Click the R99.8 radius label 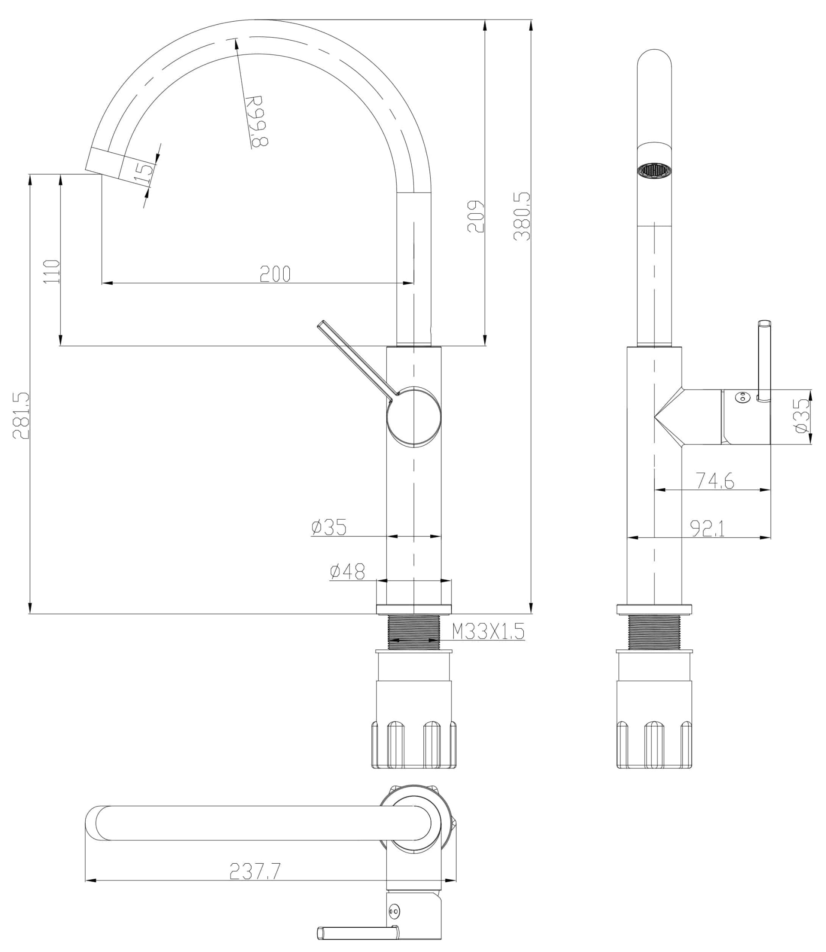pos(256,121)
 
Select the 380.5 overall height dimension pos(522,216)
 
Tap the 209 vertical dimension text pos(476,216)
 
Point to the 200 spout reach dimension pos(275,274)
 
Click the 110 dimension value pos(51,272)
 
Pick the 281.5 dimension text pos(21,415)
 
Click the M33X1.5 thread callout pos(488,631)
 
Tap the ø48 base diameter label pos(347,572)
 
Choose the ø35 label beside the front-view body pos(329,527)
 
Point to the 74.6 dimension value pos(714,481)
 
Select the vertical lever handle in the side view pos(764,360)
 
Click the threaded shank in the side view pos(654,632)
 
